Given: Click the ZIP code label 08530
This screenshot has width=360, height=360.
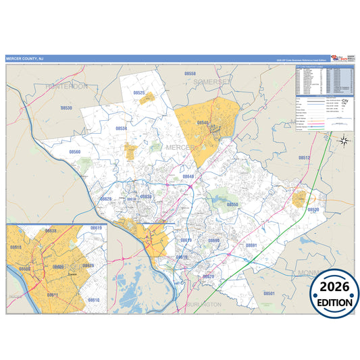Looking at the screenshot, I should pos(66,107).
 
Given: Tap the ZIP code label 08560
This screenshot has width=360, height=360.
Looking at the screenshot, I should pos(74,152).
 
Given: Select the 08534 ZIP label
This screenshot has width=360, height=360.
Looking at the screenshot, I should pos(121,128).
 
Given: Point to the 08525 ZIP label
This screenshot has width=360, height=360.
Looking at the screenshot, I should pos(139,93).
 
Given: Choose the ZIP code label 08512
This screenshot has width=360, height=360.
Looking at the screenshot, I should pos(305,157).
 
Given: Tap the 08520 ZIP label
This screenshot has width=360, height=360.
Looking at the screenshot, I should pos(313,210).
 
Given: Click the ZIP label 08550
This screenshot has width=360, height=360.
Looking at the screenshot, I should pos(232,204).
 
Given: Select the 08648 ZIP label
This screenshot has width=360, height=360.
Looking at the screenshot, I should pos(188,176).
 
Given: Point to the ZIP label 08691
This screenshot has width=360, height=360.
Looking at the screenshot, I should pos(251,245).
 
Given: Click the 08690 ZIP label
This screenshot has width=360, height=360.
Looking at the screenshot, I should pos(214,240).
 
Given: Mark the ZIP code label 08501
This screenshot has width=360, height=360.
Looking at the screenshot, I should pos(269,294).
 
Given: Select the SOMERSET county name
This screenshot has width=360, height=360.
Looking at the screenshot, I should pos(211,81).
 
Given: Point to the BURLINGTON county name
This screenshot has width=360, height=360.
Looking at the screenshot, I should pos(203,305).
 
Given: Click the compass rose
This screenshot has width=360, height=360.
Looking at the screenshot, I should pos(344,140).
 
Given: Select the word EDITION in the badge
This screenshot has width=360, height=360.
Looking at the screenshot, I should pos(334,303).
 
